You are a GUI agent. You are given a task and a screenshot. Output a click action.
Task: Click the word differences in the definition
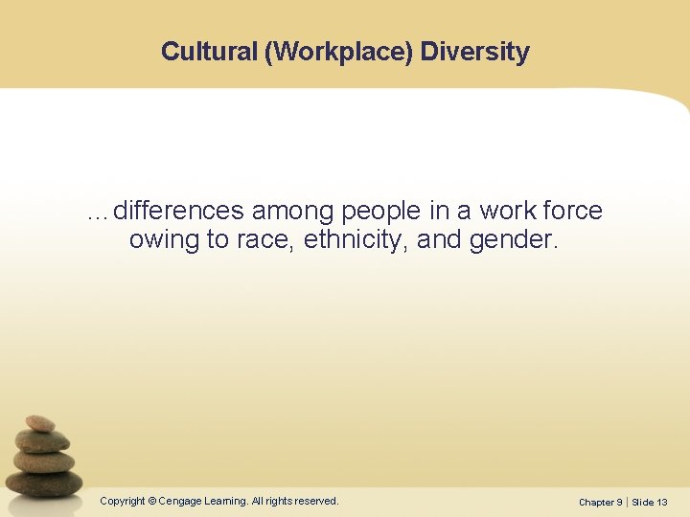click(178, 211)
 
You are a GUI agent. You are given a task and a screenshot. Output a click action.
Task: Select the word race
click(263, 240)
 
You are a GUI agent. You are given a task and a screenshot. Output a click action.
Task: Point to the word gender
click(512, 240)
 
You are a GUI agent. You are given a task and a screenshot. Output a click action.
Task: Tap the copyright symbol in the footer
click(153, 501)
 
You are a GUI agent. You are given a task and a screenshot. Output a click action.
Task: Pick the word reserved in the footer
click(315, 501)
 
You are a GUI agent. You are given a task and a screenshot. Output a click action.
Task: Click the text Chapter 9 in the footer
click(600, 502)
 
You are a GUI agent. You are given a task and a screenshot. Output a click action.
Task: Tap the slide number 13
click(661, 502)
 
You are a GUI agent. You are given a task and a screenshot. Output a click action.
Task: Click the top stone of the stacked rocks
click(40, 423)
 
